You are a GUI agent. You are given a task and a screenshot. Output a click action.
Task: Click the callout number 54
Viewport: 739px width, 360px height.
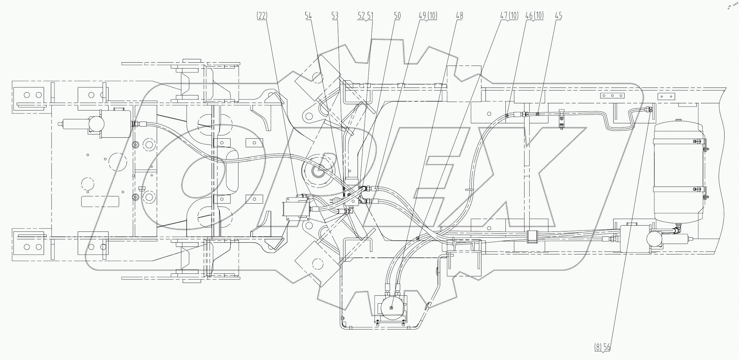(308, 16)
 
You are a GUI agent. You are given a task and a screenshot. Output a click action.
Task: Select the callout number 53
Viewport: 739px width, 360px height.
(335, 16)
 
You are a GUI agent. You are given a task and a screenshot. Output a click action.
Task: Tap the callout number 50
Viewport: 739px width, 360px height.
(397, 16)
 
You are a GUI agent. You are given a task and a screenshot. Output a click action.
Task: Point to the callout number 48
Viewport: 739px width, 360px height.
(459, 16)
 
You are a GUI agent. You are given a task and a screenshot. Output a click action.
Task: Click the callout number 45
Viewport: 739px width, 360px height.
(558, 16)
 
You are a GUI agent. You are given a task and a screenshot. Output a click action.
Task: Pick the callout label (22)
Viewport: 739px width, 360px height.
(262, 16)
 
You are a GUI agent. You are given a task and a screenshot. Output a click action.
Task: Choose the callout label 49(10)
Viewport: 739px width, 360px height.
(428, 16)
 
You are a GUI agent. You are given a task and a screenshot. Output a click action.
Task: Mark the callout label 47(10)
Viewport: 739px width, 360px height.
(509, 16)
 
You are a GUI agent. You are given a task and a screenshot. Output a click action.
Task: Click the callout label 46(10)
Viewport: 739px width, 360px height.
(534, 16)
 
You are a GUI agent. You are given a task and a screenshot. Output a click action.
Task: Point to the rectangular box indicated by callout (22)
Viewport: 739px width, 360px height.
(296, 209)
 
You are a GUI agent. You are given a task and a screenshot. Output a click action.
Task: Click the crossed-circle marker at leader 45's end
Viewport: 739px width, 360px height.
(538, 114)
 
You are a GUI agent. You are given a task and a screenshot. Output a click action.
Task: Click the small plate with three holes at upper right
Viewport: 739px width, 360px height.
(612, 96)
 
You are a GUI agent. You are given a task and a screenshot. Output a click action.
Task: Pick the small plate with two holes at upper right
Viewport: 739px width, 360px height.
(666, 96)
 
